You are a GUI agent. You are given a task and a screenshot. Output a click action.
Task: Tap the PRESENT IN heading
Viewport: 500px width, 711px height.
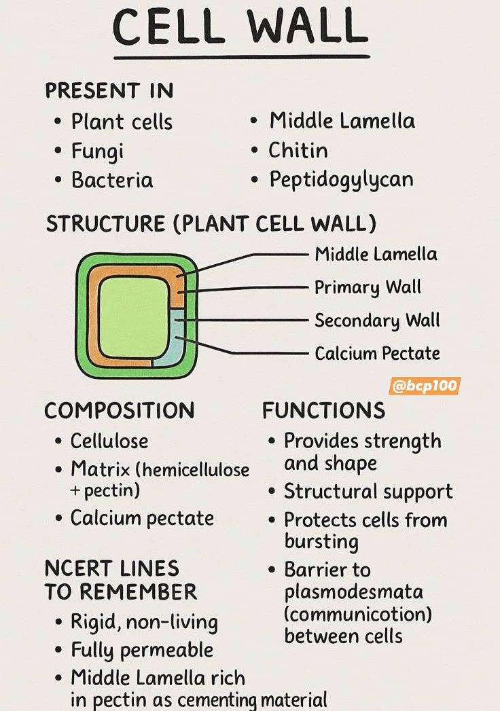[109, 90]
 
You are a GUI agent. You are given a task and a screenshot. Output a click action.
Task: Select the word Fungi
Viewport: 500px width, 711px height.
[97, 152]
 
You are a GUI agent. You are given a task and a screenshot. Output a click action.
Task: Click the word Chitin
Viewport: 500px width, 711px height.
[298, 150]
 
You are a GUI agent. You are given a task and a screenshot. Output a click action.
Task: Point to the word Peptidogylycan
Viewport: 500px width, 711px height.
[341, 180]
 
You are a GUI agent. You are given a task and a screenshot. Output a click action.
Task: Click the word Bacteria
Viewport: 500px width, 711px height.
[112, 180]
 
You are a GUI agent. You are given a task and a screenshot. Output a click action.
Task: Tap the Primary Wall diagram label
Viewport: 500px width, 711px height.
[368, 287]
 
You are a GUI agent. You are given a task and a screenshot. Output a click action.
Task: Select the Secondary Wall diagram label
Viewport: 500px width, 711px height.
[377, 321]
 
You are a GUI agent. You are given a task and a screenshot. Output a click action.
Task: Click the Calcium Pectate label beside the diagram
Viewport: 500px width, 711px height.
[377, 353]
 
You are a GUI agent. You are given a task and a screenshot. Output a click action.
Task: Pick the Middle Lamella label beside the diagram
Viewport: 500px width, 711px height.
[376, 255]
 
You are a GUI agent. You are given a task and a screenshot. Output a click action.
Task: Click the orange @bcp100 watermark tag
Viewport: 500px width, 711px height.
[425, 386]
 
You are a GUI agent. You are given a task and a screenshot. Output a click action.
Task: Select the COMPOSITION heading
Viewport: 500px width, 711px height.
[120, 410]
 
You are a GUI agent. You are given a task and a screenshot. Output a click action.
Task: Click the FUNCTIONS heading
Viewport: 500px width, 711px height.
[323, 410]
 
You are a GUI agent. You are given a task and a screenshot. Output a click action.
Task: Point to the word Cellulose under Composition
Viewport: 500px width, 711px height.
[109, 441]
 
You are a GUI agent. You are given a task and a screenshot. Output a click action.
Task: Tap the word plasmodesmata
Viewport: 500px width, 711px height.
[353, 592]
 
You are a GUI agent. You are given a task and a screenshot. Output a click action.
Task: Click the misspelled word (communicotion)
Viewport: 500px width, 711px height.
[358, 615]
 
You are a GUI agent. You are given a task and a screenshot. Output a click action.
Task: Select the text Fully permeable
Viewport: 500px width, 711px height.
[142, 651]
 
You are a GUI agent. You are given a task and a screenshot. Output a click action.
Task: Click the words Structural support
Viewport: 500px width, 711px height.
[368, 492]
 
